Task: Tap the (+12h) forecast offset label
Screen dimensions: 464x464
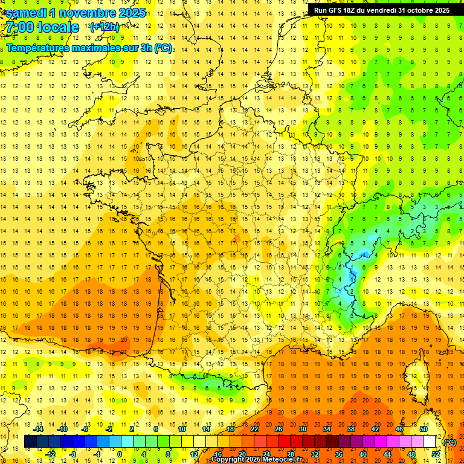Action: (x=105, y=27)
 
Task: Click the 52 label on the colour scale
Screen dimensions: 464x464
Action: (x=436, y=454)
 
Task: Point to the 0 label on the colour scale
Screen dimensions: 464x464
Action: (x=120, y=454)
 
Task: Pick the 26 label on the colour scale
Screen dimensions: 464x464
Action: (x=279, y=429)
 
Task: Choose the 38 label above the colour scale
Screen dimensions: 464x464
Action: (x=351, y=429)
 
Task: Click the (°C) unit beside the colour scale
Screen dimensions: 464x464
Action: (x=450, y=442)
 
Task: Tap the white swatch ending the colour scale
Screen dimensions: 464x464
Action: (x=429, y=442)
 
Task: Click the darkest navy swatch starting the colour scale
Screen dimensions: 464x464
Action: (x=30, y=442)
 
